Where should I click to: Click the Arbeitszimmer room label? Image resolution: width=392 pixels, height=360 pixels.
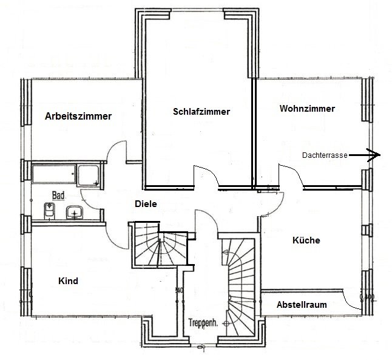pos(78,117)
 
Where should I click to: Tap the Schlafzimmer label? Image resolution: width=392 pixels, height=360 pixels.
pos(201,112)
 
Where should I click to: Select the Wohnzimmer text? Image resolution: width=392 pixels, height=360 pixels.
pos(307,109)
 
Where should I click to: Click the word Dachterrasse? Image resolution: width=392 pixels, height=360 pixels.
pos(325,155)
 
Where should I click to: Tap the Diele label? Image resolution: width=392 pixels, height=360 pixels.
pos(146,204)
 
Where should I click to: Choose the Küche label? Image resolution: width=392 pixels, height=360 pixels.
pos(306,240)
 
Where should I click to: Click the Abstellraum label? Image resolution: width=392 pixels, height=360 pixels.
pos(302,305)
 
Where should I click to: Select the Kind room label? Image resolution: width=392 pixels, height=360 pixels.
pos(68,281)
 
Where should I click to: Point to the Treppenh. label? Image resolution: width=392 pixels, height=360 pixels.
pos(203,323)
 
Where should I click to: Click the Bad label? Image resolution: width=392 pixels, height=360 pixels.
pos(58,195)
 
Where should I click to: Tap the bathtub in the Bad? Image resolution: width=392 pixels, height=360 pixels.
pos(54,174)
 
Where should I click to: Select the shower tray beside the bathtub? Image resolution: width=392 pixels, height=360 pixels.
pos(89,175)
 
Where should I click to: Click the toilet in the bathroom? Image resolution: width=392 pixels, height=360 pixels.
pos(49,211)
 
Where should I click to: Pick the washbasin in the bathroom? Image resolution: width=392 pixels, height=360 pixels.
pos(74,212)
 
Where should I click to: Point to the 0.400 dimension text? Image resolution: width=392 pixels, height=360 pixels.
pos(367,297)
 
